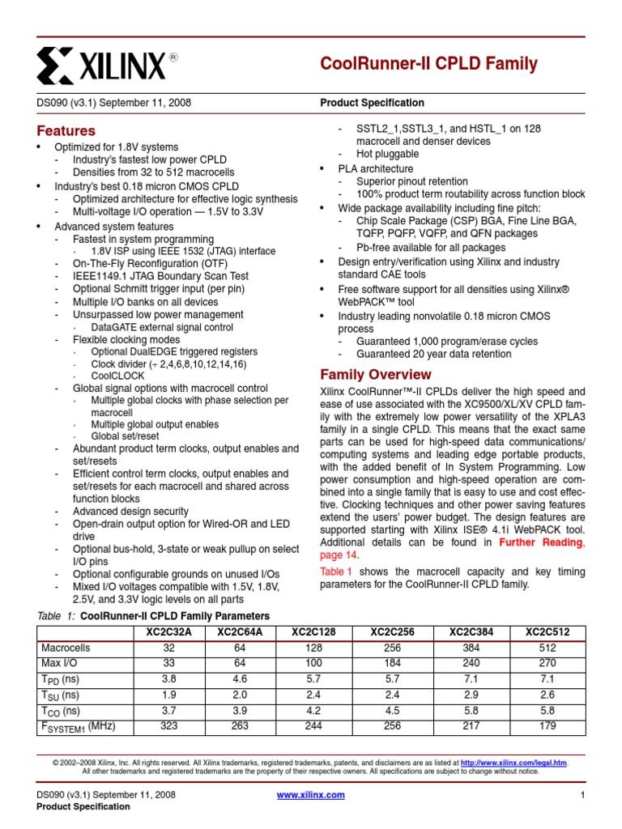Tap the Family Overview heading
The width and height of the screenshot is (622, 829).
point(376,375)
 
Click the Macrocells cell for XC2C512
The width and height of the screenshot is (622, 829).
point(547,648)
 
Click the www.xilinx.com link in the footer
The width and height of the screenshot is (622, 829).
point(311,795)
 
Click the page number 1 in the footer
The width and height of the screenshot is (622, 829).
point(582,795)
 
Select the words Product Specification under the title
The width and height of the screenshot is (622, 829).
point(372,103)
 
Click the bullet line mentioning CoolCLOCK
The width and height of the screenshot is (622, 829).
point(118,376)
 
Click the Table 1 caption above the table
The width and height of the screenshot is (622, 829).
point(153,616)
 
